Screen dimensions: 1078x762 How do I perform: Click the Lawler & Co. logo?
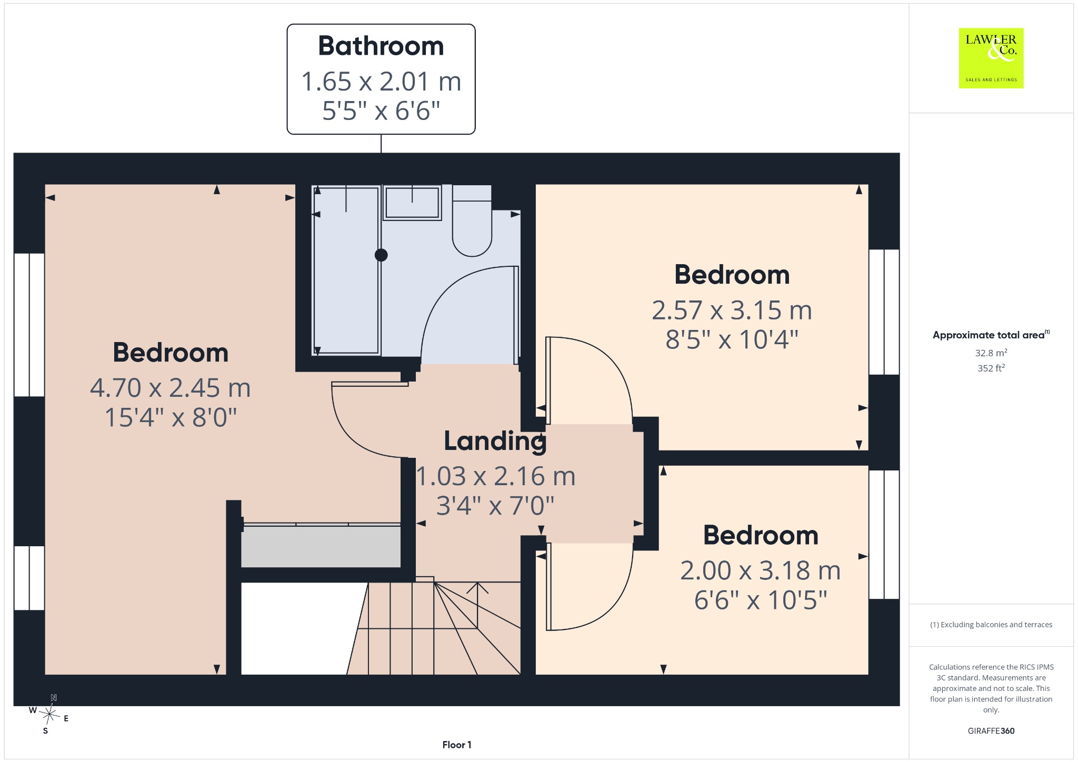point(991,58)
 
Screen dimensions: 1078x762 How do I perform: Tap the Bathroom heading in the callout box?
point(381,46)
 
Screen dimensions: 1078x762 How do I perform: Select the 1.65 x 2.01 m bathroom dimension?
point(381,82)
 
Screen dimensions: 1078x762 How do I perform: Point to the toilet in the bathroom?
point(472,221)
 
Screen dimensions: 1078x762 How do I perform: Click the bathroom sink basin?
point(412,203)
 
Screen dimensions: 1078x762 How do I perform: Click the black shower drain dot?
point(381,255)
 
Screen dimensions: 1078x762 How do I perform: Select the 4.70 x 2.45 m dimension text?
point(171,388)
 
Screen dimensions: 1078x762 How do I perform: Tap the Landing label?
point(495,441)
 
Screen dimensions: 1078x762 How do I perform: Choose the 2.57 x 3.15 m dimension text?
point(732,310)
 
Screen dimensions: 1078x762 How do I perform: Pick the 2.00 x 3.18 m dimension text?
point(760,570)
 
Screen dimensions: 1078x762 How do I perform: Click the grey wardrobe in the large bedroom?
point(321,546)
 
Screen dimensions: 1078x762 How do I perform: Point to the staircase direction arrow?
point(477,605)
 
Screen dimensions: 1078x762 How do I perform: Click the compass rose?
point(49,714)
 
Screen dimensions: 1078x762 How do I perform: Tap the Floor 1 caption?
point(457,745)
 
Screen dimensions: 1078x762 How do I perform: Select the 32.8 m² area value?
point(991,353)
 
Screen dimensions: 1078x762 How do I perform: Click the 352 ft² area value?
point(991,368)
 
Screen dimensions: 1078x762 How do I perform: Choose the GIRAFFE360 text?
point(991,730)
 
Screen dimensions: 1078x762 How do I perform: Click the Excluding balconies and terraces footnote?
point(991,625)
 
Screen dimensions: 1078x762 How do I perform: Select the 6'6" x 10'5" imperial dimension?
point(761,600)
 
